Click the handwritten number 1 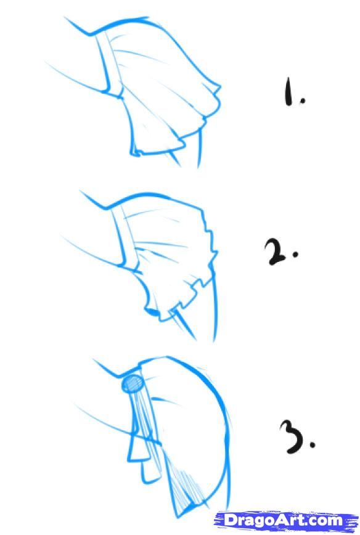click(288, 91)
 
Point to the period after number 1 click(301, 100)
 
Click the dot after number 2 click(295, 254)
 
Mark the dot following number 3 click(313, 444)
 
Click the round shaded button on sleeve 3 click(132, 383)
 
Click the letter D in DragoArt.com click(230, 520)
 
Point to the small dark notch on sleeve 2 click(151, 311)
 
